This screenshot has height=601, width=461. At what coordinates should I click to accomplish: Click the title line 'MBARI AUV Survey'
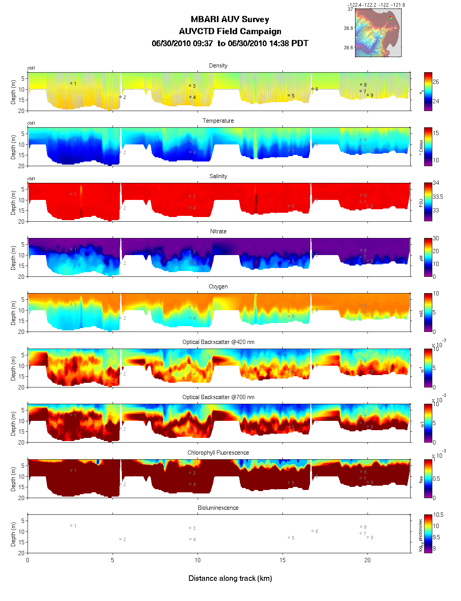230,19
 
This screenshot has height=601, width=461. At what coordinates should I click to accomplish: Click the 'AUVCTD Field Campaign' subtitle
230,31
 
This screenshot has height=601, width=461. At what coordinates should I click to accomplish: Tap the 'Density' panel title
218,66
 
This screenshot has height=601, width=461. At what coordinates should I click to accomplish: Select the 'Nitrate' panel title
218,231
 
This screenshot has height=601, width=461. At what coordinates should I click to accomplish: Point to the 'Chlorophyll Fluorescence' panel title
218,453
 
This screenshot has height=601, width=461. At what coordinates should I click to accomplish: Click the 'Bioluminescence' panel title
218,508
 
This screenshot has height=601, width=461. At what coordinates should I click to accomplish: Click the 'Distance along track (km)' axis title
230,578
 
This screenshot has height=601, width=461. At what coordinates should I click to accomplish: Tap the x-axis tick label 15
282,560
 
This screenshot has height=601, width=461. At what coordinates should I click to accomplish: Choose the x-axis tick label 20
367,560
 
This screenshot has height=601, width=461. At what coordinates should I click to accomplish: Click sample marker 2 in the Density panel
120,97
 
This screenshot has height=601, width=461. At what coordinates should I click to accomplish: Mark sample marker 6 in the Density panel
312,89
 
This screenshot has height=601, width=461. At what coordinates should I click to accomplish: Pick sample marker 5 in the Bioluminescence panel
289,538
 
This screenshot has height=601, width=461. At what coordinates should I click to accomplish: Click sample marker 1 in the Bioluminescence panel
71,526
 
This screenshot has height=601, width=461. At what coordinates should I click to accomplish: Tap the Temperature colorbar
428,147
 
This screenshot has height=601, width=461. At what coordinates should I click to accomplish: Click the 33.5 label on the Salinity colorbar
438,197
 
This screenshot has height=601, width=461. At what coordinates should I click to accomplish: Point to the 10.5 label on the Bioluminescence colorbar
438,515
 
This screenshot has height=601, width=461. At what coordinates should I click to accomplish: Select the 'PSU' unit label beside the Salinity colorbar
421,202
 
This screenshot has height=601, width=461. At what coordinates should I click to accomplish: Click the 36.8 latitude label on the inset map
348,28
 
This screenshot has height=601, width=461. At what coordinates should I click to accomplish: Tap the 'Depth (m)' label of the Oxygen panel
14,313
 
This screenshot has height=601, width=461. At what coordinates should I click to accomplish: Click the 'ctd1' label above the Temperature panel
31,123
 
